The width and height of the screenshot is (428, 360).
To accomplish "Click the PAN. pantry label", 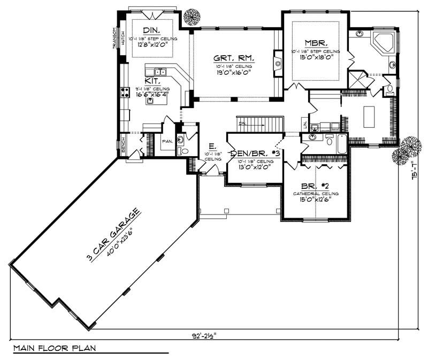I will pyautogui.click(x=167, y=142).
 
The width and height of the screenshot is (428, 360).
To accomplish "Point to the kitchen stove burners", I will pyautogui.click(x=125, y=92).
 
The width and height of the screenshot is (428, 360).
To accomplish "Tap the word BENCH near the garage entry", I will pyautogui.click(x=123, y=144).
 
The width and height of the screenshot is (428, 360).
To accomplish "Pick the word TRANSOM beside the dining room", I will pyautogui.click(x=114, y=38).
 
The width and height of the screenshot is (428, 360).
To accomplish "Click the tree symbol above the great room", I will pyautogui.click(x=191, y=17).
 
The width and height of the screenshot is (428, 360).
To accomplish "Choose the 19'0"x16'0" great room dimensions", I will pyautogui.click(x=233, y=72).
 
